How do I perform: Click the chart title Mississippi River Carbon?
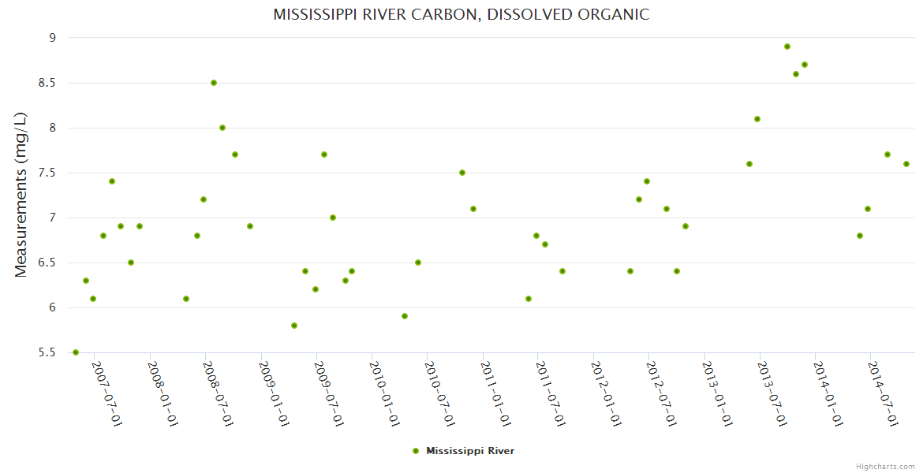coord(461,14)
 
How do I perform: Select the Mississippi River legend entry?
coord(469,451)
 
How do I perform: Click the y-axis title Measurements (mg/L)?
coord(21,195)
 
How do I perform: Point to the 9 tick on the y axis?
coord(52,38)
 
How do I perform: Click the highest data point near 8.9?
coord(787,47)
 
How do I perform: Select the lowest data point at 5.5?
coord(76,352)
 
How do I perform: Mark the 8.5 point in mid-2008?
coord(214,83)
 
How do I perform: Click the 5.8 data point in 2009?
coord(294,326)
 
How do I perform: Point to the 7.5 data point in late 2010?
coord(462,173)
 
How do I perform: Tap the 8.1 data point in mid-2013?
coord(757,119)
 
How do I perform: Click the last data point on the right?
coord(906,164)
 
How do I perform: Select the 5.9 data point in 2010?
coord(405,316)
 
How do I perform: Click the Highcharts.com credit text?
coord(885,467)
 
